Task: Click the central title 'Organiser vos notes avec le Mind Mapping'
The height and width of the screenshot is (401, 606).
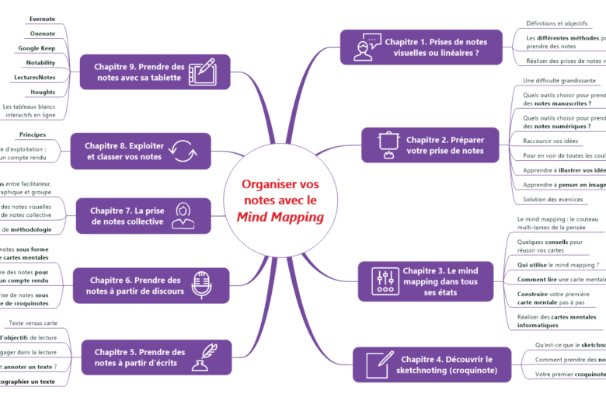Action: click(x=280, y=200)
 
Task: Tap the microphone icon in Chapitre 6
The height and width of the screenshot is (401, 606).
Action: click(x=202, y=285)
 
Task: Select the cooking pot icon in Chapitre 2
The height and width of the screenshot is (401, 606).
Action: click(x=386, y=145)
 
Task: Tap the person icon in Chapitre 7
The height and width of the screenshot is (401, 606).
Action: click(x=183, y=216)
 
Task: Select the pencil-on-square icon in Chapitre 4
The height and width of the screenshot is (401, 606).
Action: click(x=378, y=364)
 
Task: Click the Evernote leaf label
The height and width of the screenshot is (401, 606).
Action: click(x=42, y=19)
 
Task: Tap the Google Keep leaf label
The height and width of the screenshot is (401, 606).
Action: click(x=37, y=48)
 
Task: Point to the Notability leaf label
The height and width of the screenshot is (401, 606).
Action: click(x=40, y=62)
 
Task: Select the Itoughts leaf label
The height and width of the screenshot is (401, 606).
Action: click(x=43, y=92)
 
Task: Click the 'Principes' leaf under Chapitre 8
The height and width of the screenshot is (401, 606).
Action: click(x=33, y=134)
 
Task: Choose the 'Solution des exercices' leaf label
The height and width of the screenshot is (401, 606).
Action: click(x=554, y=199)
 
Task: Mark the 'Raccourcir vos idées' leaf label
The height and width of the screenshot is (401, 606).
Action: click(x=552, y=141)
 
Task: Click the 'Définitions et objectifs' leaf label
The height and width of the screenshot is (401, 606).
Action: click(x=557, y=23)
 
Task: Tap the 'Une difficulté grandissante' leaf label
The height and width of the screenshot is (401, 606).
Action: click(x=559, y=80)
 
